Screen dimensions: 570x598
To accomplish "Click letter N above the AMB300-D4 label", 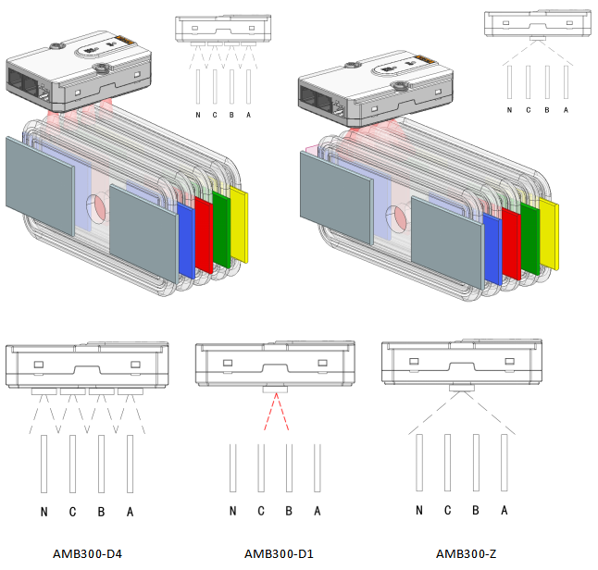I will tap(44, 512).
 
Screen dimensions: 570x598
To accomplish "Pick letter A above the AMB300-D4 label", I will tap(130, 512).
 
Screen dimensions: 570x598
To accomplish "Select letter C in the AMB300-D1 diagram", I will tap(261, 512).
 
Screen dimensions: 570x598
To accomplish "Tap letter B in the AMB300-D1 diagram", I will tap(289, 512).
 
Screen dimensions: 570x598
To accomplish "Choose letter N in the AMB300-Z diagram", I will tap(420, 510).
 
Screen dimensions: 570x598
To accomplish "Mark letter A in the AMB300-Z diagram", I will tap(505, 510).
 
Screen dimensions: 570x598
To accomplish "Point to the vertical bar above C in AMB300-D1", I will tap(261, 473).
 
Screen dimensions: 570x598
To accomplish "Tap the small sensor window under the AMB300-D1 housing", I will tap(275, 390).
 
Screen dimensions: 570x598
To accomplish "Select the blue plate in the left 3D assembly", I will tap(185, 241).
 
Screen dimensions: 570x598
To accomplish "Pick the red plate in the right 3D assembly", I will tap(510, 242).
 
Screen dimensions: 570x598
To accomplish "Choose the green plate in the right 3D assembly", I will tap(530, 232).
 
